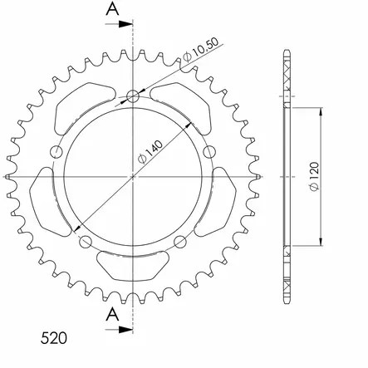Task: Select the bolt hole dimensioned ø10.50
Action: (x=132, y=96)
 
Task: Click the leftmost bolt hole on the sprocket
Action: (x=56, y=151)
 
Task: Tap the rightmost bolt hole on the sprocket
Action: (x=209, y=151)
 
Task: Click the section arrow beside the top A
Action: (x=122, y=23)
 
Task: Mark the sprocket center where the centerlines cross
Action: (x=132, y=176)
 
